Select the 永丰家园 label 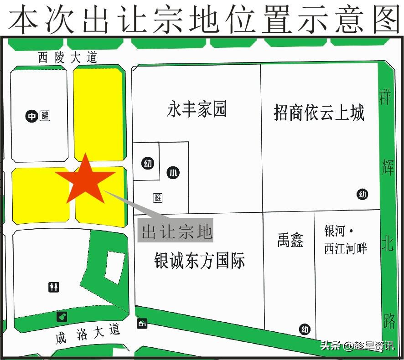(x=197, y=110)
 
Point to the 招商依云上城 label (x=319, y=112)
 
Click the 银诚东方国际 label (x=200, y=261)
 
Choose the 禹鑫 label (x=290, y=240)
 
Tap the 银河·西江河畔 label (x=346, y=240)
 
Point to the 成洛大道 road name (x=88, y=334)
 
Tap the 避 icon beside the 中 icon (x=45, y=116)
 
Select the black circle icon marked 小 (x=173, y=173)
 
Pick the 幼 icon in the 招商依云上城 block (x=363, y=195)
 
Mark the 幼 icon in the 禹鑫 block (x=305, y=329)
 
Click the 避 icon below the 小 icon (x=158, y=198)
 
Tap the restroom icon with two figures (x=53, y=287)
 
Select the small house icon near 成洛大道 (x=142, y=324)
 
